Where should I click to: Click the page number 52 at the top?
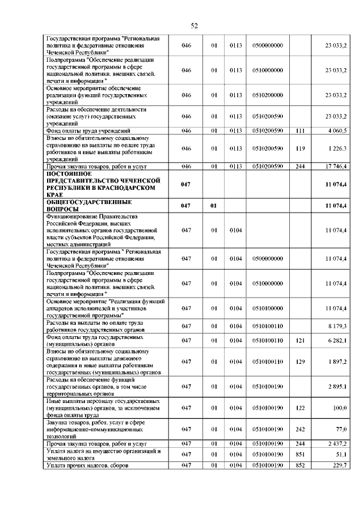click(x=193, y=26)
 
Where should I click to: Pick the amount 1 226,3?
click(x=337, y=149)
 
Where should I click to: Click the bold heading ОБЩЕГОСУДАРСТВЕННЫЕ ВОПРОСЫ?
click(x=88, y=205)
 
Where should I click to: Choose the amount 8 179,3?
click(x=337, y=326)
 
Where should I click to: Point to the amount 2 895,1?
click(x=337, y=387)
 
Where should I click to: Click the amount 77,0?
click(x=341, y=430)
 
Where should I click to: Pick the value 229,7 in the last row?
click(x=339, y=465)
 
